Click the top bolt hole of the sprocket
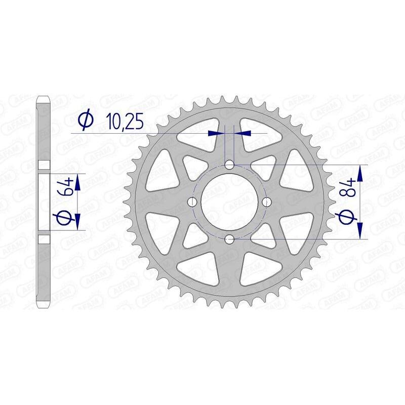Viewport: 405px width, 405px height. [x=229, y=165]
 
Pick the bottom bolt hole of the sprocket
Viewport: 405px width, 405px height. [x=229, y=238]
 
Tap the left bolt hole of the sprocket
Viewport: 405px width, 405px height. [x=192, y=201]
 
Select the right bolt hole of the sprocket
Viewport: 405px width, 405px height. [x=266, y=201]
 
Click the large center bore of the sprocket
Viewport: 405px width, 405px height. [x=229, y=201]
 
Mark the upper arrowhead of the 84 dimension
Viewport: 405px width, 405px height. [x=360, y=174]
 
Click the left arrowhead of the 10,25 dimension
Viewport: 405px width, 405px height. [x=216, y=133]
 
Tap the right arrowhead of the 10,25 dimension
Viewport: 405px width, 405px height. [x=243, y=133]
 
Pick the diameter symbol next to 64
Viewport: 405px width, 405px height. [x=68, y=218]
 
